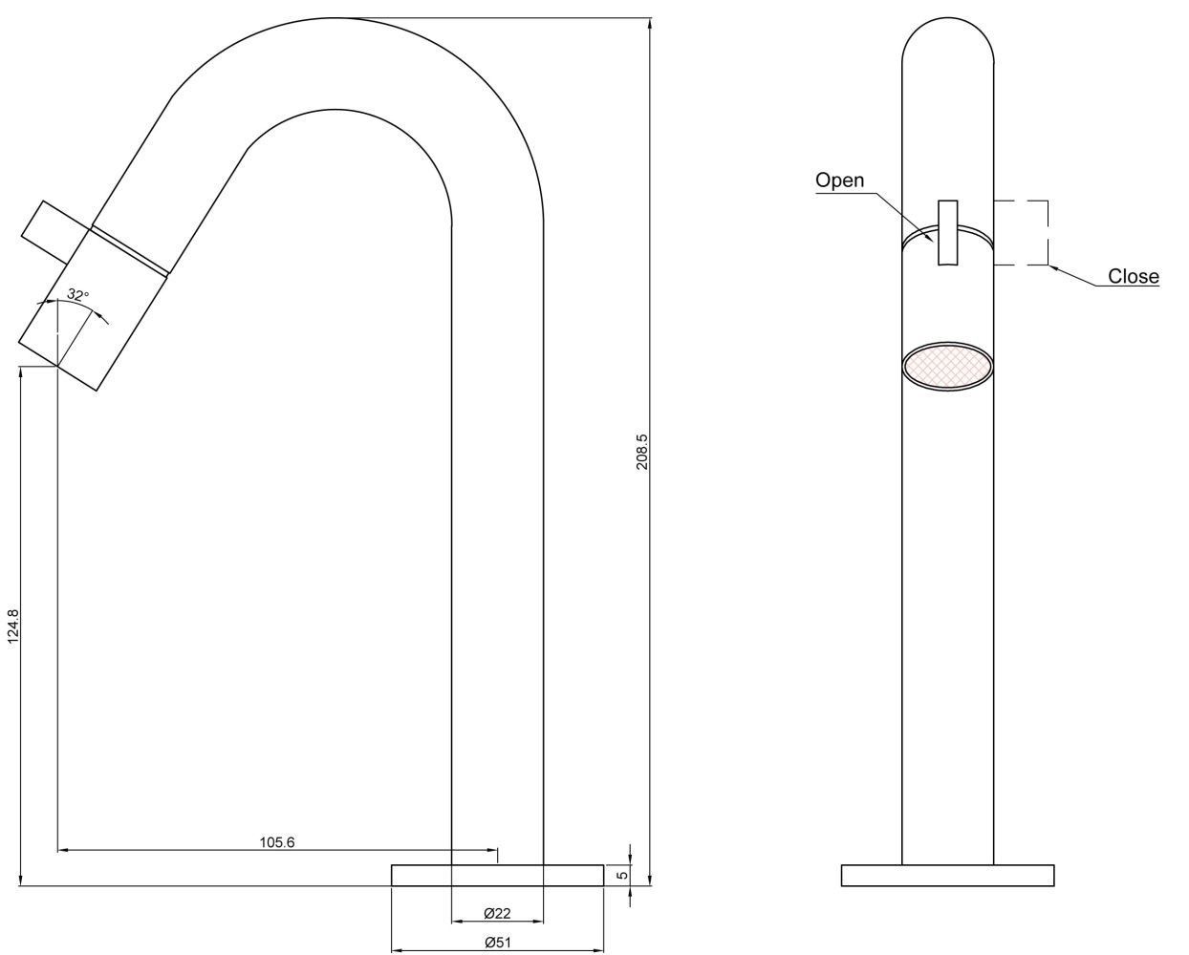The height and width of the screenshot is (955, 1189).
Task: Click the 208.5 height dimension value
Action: tap(642, 451)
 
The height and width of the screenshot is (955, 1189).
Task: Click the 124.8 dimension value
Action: tap(13, 626)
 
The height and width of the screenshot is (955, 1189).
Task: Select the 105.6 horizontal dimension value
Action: tap(277, 842)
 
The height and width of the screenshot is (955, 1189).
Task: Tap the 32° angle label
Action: tap(78, 294)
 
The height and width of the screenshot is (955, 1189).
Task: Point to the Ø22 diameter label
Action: tap(497, 913)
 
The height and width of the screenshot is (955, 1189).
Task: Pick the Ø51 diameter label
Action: tap(497, 942)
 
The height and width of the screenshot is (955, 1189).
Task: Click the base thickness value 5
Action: tap(622, 875)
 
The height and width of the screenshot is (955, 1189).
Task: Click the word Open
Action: tap(839, 180)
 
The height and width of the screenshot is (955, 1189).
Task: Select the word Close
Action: tap(1134, 276)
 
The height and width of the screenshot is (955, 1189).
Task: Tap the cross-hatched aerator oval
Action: tap(947, 366)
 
